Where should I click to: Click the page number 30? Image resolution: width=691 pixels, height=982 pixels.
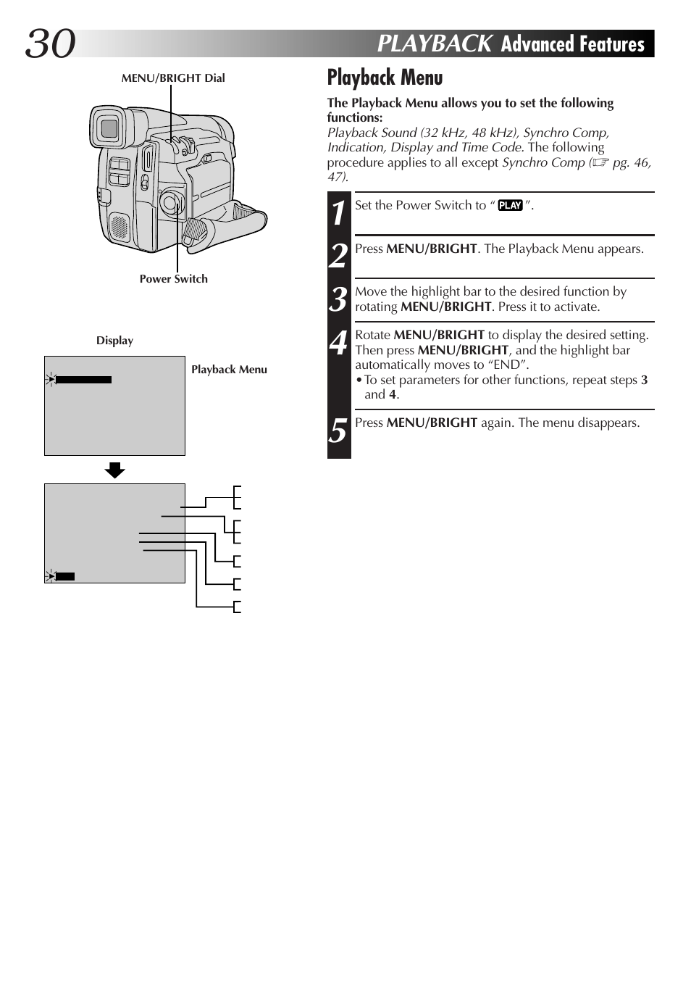click(51, 44)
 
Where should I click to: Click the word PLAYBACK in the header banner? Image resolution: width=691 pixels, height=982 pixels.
click(434, 44)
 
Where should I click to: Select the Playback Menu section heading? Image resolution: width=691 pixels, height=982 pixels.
click(385, 78)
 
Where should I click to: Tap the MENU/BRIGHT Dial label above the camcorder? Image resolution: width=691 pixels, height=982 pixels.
click(173, 78)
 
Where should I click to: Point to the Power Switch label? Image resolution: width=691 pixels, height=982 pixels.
click(173, 279)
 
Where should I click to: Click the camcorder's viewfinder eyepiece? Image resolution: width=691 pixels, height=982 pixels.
click(109, 128)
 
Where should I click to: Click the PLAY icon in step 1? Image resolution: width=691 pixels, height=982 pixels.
click(510, 206)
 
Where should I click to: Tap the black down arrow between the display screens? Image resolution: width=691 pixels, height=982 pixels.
click(114, 470)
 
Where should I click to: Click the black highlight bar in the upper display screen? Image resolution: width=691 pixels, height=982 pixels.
click(83, 379)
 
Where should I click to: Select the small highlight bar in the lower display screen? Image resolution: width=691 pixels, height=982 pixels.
click(65, 577)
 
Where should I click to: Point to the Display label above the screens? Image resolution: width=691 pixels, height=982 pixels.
click(114, 341)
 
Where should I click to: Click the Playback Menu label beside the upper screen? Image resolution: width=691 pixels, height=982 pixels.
click(229, 370)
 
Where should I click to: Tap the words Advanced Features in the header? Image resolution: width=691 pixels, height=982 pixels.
click(572, 44)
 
